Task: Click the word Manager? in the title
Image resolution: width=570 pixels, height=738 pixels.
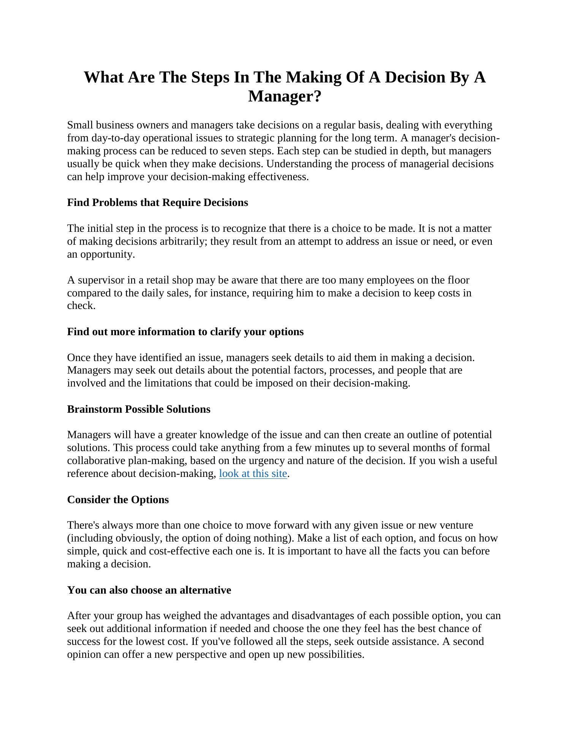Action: coord(285,96)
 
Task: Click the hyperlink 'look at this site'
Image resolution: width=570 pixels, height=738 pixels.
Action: coord(253,474)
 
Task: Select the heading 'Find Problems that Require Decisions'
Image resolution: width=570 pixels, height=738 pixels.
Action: coord(157,203)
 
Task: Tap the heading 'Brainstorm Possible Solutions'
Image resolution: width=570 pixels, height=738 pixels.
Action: coord(139,409)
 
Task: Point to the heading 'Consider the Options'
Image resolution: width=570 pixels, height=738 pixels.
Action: coord(118,500)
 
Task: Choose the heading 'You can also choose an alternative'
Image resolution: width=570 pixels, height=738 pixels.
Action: coord(149,590)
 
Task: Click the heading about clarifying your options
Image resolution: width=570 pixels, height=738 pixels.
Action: coord(185,332)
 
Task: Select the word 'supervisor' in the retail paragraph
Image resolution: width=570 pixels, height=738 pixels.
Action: coord(101,280)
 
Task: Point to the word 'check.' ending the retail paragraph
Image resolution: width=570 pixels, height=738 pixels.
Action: coord(81,306)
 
